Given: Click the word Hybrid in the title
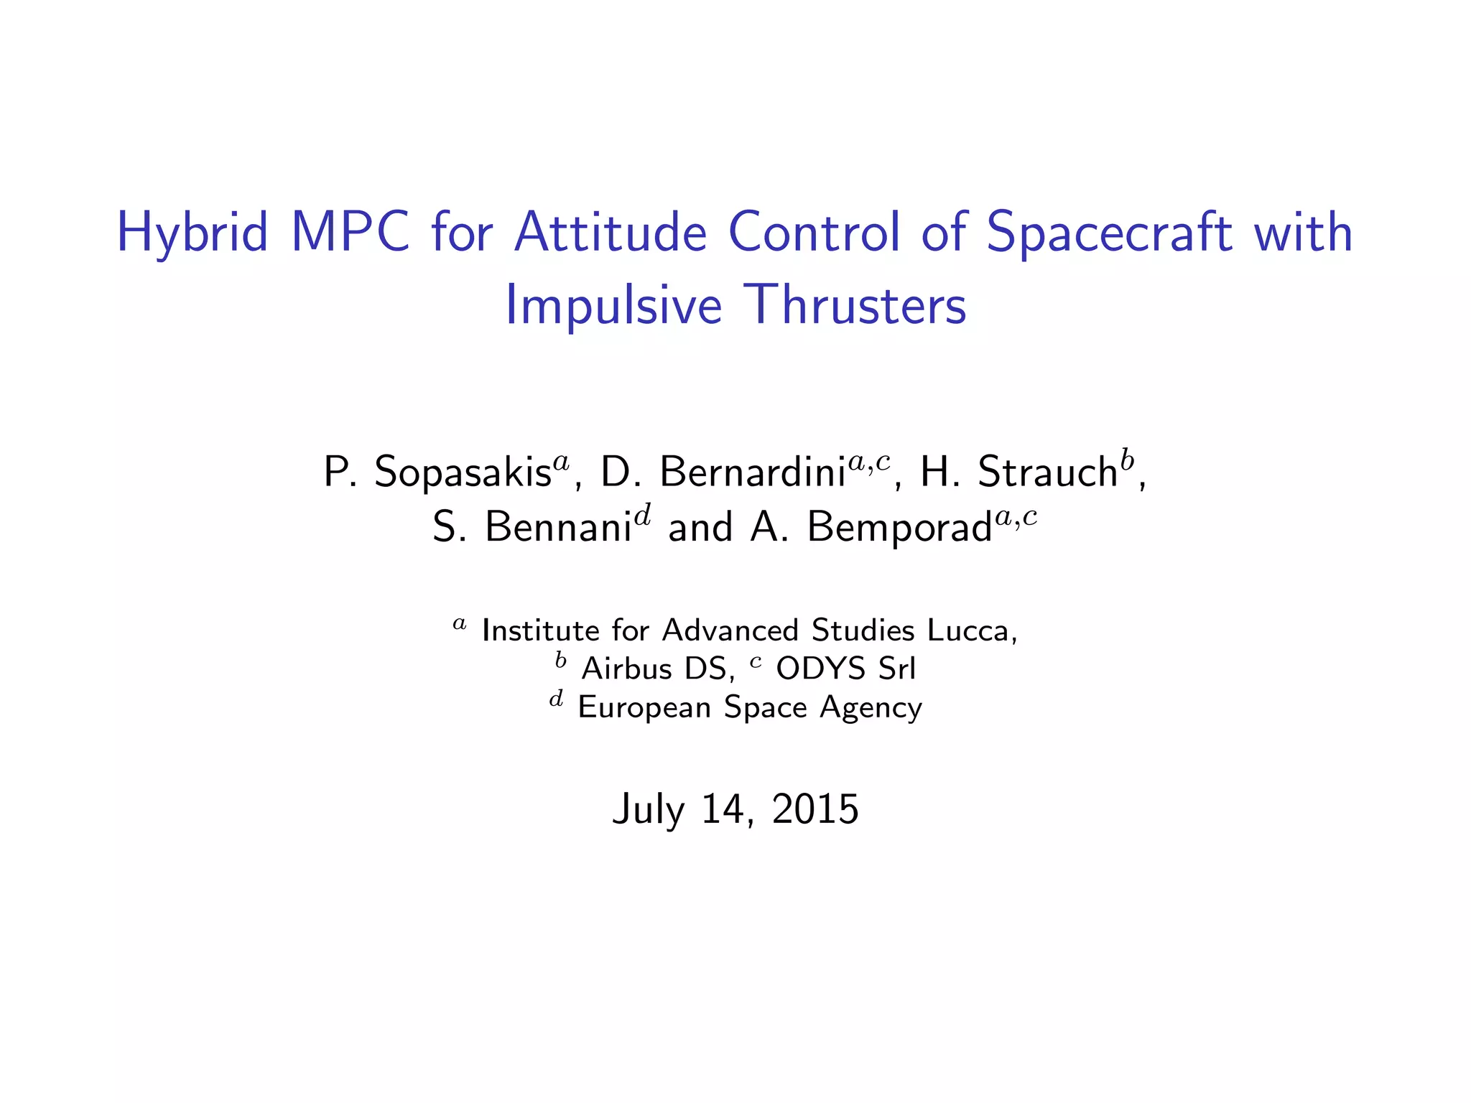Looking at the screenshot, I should tap(192, 233).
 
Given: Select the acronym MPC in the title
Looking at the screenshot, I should tap(350, 232).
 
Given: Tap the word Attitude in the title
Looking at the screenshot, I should tap(611, 232).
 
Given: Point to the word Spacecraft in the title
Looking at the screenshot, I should tap(1109, 232).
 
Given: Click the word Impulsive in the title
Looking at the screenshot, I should tap(613, 306).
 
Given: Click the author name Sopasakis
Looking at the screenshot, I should tap(463, 473).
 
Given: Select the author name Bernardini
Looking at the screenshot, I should tap(752, 472).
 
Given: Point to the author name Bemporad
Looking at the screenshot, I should tap(899, 527).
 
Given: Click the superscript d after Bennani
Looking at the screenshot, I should tap(643, 514).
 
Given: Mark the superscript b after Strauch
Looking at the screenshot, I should tap(1127, 459).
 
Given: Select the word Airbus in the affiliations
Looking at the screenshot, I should tap(626, 669).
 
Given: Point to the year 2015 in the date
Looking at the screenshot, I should tap(815, 809).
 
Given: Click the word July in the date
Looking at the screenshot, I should tap(649, 809).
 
